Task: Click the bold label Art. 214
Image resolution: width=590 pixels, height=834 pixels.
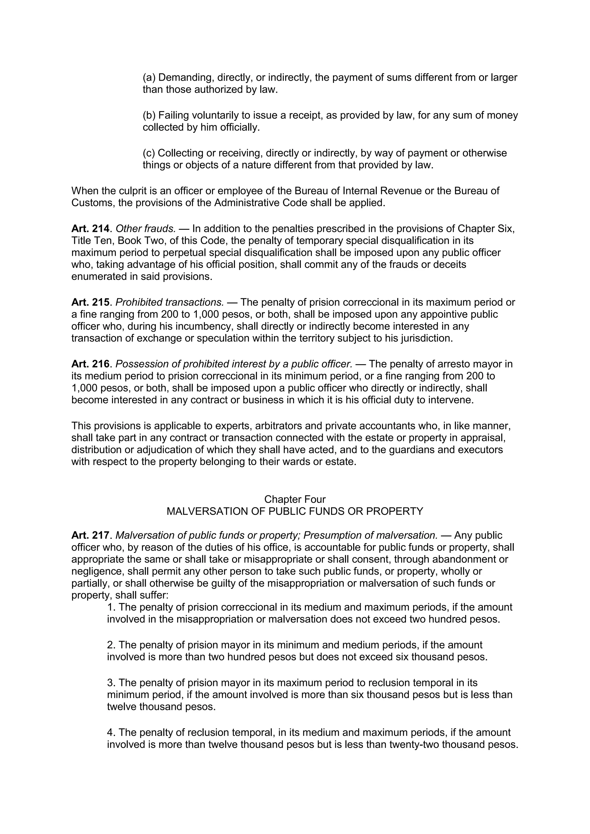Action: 90,229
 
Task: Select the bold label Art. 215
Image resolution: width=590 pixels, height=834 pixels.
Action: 90,302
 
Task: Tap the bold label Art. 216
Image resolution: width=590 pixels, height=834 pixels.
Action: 90,364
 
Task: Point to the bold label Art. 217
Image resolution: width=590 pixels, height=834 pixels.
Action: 90,535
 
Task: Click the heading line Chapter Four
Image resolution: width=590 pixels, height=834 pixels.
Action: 295,499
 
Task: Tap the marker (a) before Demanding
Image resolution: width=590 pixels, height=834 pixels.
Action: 149,77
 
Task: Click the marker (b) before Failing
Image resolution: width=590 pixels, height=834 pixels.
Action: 149,115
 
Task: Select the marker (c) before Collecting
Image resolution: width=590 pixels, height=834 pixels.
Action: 149,153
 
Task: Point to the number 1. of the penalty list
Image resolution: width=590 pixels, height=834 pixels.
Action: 111,607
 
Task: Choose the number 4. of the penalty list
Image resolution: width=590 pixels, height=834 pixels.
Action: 111,732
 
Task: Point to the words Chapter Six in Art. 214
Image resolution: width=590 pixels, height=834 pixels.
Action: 486,229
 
